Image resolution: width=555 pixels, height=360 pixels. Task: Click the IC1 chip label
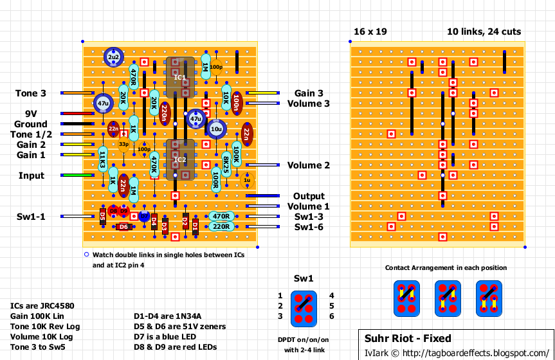[x=179, y=77]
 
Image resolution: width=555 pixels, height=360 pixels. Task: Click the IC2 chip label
[x=179, y=159]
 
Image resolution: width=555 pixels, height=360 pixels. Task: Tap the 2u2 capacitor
[x=114, y=57]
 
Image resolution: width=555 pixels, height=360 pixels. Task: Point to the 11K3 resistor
[x=103, y=161]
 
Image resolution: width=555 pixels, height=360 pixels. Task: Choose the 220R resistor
[x=221, y=226]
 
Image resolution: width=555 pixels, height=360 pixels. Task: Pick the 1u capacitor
[x=246, y=181]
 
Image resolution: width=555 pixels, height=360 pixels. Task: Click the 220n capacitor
[x=165, y=113]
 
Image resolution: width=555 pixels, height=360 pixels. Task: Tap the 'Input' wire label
[x=31, y=175]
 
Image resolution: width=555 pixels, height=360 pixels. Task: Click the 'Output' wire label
[x=309, y=196]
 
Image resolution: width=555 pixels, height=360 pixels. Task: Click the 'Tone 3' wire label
[x=30, y=93]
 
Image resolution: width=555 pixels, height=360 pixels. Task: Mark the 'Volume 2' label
[x=309, y=165]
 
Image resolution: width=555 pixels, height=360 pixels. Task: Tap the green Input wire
[x=77, y=175]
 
